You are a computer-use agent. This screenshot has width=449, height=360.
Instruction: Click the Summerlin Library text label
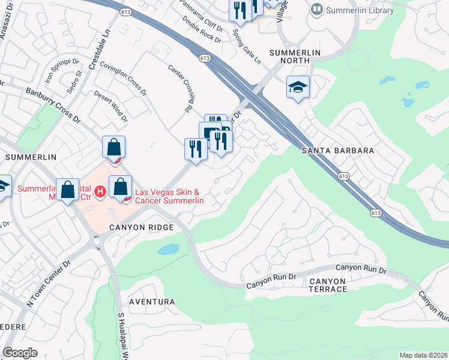[360, 10]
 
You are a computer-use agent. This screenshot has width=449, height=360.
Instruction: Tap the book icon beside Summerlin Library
[316, 10]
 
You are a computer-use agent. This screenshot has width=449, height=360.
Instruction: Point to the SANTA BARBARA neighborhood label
[338, 151]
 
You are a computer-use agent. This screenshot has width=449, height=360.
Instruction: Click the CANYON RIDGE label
[141, 227]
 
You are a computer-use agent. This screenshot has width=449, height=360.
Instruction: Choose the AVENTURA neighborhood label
[150, 302]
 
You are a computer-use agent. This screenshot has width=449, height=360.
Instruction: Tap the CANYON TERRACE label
[328, 285]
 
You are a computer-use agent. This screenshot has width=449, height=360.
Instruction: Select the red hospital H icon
[101, 191]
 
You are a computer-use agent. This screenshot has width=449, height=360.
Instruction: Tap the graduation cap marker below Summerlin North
[298, 88]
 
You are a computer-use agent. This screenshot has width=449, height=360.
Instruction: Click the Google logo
[20, 353]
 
